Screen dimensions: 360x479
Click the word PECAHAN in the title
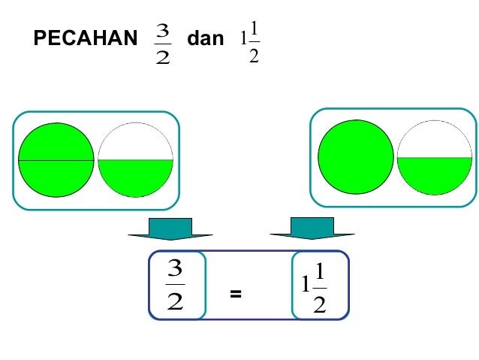(x=85, y=40)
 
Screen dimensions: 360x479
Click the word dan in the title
(x=205, y=39)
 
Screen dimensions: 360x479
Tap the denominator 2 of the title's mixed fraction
(x=254, y=56)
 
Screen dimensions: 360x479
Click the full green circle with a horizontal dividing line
(x=56, y=159)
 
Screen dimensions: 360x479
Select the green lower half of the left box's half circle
(x=135, y=177)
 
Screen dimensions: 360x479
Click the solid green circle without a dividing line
(x=355, y=158)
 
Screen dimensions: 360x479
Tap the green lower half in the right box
(x=434, y=174)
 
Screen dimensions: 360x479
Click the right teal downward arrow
(x=312, y=228)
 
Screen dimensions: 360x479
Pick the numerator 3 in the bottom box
(x=176, y=268)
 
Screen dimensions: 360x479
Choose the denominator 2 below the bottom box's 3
(x=175, y=302)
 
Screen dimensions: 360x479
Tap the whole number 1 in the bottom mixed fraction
(x=306, y=286)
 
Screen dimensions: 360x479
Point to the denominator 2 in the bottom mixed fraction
(x=320, y=304)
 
